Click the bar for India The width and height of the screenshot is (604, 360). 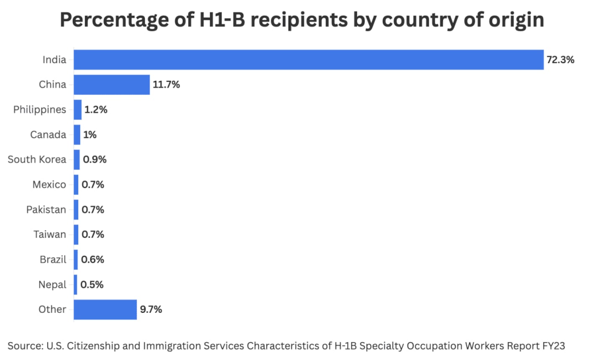pos(308,60)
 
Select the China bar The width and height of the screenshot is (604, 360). pos(112,85)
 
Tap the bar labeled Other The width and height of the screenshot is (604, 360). pos(105,310)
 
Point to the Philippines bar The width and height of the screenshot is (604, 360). pos(78,110)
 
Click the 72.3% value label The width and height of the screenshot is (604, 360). pos(560,60)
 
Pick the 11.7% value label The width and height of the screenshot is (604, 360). pos(166,85)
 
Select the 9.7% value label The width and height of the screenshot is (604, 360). pos(151,310)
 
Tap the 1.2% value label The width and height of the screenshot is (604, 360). pos(96,110)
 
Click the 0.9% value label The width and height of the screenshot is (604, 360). pos(94,159)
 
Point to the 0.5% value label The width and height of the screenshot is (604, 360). pos(92,284)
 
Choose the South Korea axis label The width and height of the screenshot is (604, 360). pos(37,159)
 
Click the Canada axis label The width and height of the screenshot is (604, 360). pos(48,135)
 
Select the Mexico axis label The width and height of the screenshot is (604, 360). pos(49,185)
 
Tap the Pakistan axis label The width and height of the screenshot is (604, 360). pos(46,209)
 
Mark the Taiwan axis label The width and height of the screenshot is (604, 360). pos(50,235)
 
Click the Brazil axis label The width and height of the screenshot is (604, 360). pos(53,259)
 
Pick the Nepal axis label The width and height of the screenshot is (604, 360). pos(52,284)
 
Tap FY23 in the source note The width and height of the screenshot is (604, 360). pos(553,346)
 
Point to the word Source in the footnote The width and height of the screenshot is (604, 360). pos(25,346)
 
